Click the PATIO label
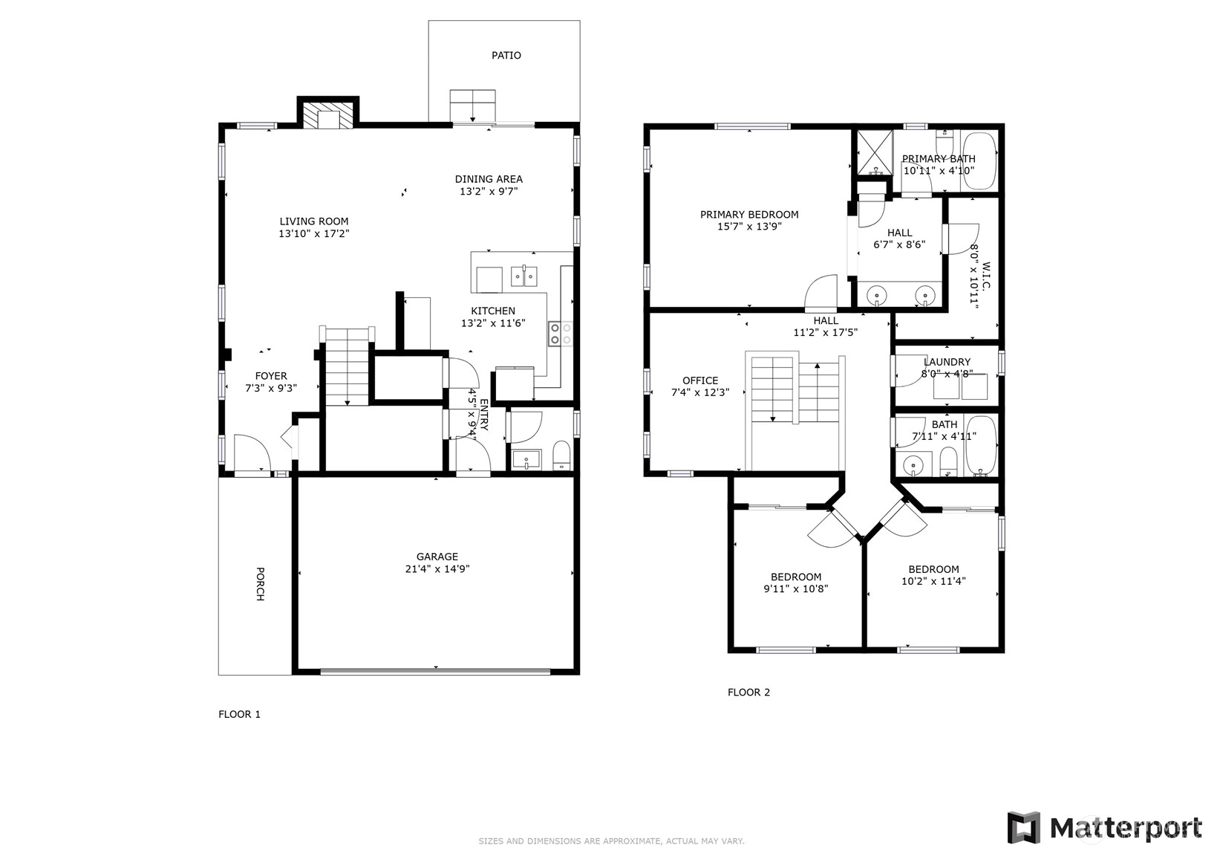[x=506, y=55]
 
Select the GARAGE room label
[x=437, y=557]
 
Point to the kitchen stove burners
[x=561, y=334]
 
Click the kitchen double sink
[x=524, y=276]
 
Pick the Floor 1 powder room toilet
[x=561, y=456]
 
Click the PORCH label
[x=261, y=584]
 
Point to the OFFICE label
[x=700, y=380]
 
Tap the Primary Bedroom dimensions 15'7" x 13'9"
[x=750, y=226]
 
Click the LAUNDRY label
[x=947, y=362]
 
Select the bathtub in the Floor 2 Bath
[x=981, y=446]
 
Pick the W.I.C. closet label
[x=985, y=276]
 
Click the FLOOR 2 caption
[x=749, y=693]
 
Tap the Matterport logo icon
[x=1024, y=828]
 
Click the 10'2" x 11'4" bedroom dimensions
[x=933, y=581]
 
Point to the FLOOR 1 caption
[x=239, y=714]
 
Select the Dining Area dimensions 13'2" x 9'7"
[x=489, y=191]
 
